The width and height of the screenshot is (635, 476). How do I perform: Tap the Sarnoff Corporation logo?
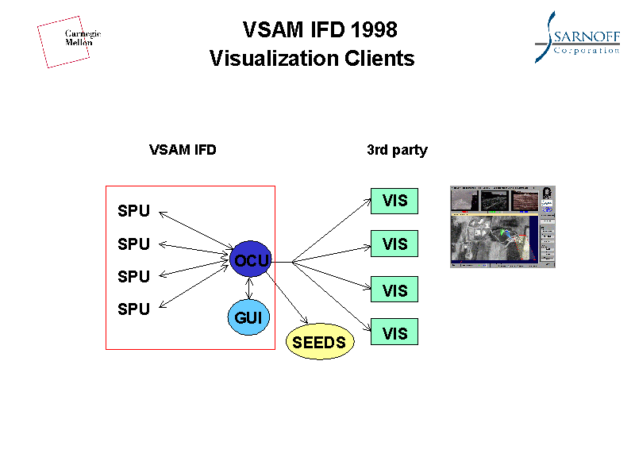(576, 37)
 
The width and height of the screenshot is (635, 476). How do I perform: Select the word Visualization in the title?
(274, 59)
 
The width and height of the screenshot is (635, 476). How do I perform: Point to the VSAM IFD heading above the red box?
(183, 150)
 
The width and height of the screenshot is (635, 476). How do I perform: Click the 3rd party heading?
(397, 150)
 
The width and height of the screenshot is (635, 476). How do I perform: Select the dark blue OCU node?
(251, 259)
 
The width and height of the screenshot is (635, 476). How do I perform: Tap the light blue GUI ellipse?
(248, 318)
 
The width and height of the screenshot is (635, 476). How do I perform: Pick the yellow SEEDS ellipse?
(319, 342)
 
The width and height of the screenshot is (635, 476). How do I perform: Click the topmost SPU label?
(133, 211)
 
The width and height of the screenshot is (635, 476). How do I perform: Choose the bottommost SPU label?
(133, 309)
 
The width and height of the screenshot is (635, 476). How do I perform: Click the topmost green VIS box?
(394, 201)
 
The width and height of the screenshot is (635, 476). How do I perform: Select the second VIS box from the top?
(394, 244)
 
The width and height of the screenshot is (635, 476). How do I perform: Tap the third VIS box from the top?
(394, 290)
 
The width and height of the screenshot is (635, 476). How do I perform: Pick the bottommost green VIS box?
(394, 333)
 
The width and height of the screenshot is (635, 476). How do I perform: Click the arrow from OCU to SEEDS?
(289, 299)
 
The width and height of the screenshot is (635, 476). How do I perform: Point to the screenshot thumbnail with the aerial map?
(502, 227)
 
